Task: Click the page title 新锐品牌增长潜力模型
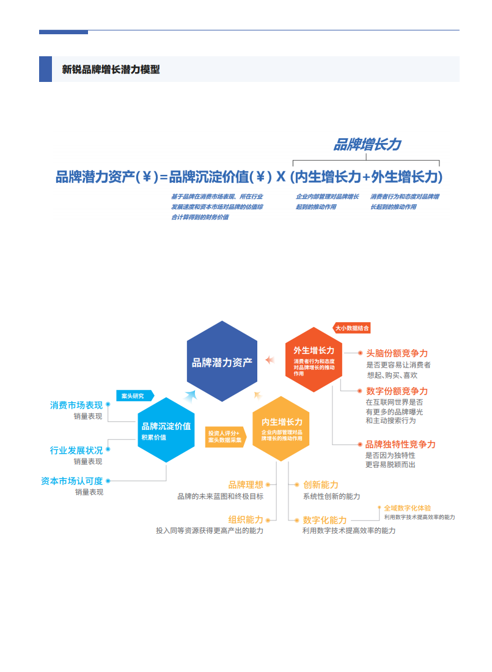[x=111, y=70]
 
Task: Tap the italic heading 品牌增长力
[x=367, y=144]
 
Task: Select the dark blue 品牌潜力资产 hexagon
[x=222, y=361]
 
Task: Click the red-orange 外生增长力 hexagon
[x=314, y=360]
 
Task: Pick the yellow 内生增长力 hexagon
[x=281, y=428]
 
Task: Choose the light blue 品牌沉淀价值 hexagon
[x=166, y=430]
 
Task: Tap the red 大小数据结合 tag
[x=352, y=328]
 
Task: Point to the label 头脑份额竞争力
[x=397, y=353]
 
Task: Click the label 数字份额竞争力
[x=397, y=391]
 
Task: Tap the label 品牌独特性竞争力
[x=400, y=445]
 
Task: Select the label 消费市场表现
[x=76, y=405]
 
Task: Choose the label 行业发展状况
[x=76, y=450]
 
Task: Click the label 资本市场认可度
[x=72, y=481]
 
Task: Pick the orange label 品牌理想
[x=246, y=484]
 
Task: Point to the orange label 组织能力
[x=246, y=519]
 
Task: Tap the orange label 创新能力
[x=321, y=484]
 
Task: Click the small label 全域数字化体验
[x=407, y=508]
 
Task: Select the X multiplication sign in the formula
[x=281, y=177]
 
